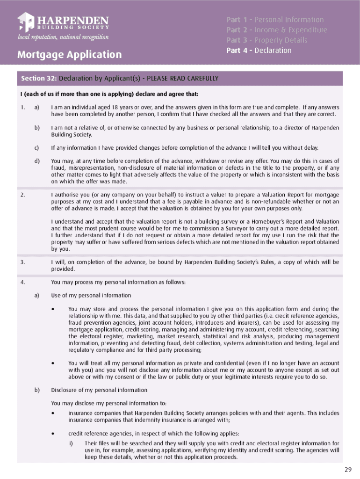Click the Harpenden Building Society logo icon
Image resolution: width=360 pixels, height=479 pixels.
tap(26, 22)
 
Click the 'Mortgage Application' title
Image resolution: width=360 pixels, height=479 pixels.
tap(69, 55)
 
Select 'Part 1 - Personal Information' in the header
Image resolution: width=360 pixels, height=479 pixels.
tap(275, 20)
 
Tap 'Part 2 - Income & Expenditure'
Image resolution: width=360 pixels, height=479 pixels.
tap(277, 30)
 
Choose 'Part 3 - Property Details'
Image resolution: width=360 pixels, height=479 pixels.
tap(266, 40)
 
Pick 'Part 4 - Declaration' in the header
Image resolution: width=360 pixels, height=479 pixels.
tap(259, 51)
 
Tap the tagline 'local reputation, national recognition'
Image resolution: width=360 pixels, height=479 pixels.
tap(63, 37)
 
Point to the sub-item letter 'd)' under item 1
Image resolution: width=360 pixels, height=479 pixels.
tap(37, 161)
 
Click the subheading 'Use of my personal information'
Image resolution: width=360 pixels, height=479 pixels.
tap(91, 296)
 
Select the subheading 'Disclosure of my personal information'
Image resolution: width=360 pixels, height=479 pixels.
tap(99, 390)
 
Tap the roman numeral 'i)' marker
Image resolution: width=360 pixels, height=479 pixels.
tap(72, 443)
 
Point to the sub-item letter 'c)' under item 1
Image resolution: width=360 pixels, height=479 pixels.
tap(37, 148)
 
